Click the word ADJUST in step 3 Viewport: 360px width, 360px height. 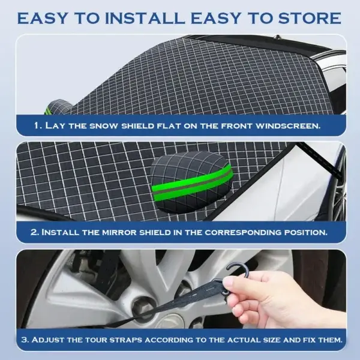pos(51,340)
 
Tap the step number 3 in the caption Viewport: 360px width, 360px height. pos(24,340)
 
